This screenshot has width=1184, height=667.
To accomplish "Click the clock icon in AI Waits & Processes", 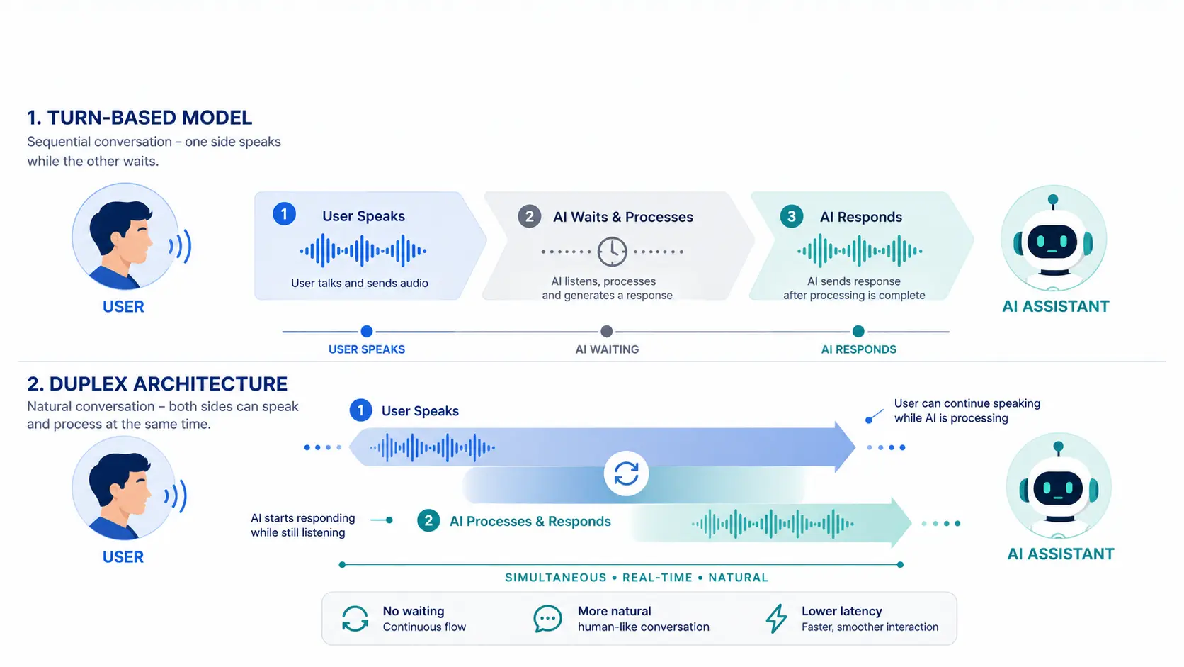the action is (x=612, y=251).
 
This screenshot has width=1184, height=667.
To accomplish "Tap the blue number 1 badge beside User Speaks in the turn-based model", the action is (x=285, y=214).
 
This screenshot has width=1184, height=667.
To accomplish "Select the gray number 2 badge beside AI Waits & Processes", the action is (x=530, y=216).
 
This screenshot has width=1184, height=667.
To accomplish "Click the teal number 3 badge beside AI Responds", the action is (x=791, y=216).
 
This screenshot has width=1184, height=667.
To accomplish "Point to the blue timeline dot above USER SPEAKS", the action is (x=367, y=332).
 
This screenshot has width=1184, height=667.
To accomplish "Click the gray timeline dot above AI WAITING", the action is (x=607, y=332).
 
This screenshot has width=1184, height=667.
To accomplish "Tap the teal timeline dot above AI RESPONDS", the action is (x=858, y=332).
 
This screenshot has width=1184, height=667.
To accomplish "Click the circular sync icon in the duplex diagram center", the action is (x=627, y=473).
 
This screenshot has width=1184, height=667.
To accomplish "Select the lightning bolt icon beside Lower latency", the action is (x=777, y=618).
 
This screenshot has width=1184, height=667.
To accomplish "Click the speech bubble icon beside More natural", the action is (x=547, y=618).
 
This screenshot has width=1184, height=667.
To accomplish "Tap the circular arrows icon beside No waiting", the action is (x=355, y=618).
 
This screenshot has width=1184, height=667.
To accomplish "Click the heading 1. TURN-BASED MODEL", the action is (x=140, y=118).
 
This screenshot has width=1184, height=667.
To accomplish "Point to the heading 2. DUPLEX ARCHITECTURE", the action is (x=157, y=384).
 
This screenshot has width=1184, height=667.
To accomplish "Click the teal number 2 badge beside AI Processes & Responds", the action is (x=428, y=521).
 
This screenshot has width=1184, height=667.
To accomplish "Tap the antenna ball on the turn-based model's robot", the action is (x=1053, y=199).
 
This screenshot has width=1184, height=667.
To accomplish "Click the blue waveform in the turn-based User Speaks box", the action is (x=363, y=251).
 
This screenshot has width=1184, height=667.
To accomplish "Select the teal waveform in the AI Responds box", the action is (x=860, y=251).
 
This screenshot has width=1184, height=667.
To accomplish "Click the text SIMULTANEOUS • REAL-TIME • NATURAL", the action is (x=637, y=578).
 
